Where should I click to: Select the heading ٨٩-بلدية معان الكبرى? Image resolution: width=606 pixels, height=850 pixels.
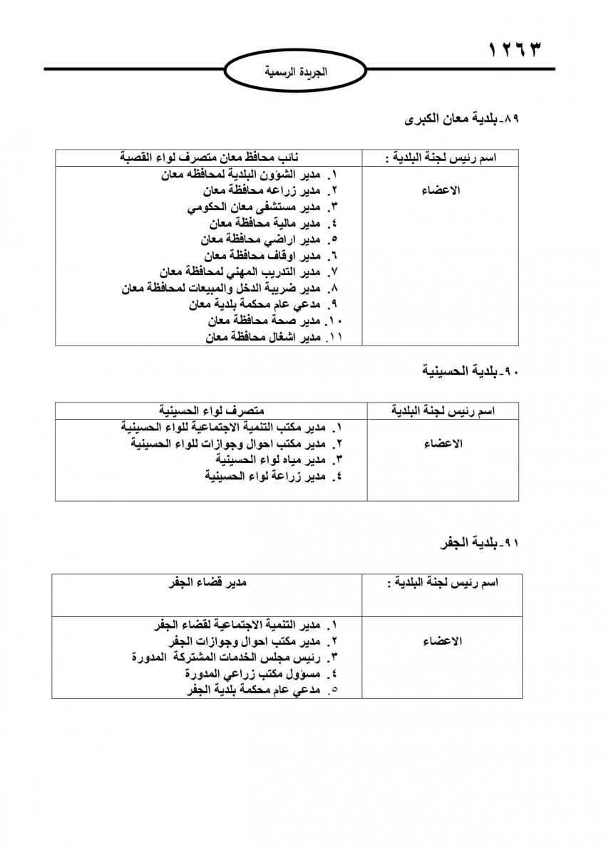click(463, 119)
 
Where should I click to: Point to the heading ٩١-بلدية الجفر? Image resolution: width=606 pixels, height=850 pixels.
click(481, 543)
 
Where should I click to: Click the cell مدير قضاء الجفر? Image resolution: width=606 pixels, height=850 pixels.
click(207, 582)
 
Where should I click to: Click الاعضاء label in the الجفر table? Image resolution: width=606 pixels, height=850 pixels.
click(443, 641)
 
